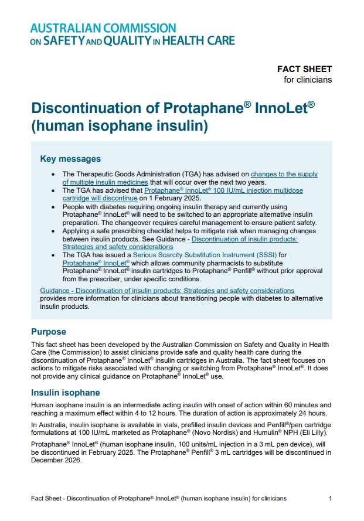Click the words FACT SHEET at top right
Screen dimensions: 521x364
click(x=304, y=69)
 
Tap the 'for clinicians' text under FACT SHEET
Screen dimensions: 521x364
click(x=307, y=80)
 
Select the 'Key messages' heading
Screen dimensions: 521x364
click(x=70, y=159)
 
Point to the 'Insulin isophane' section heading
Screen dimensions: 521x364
click(x=65, y=393)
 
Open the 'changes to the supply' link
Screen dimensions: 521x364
click(x=284, y=174)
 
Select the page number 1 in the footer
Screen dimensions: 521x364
click(x=330, y=498)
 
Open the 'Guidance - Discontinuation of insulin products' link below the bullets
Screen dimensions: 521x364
click(x=167, y=291)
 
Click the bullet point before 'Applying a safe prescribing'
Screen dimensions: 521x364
click(x=54, y=231)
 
